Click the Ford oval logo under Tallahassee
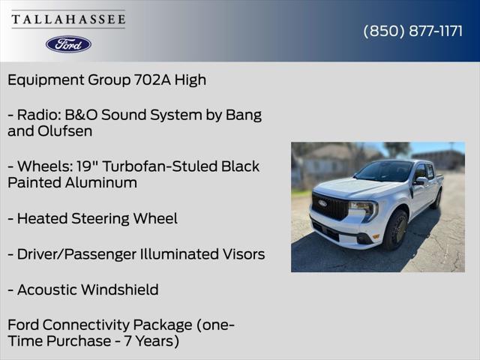coord(68,44)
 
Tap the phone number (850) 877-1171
coord(413,31)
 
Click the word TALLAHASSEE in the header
coord(68,19)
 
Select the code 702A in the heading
coord(152,80)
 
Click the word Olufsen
coord(65,131)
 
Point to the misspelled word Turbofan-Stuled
coord(160,166)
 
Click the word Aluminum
coord(100,183)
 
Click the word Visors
coord(243,254)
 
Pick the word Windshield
coord(120,289)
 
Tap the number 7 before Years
coord(127,341)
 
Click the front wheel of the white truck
coord(395,230)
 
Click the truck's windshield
coord(384,171)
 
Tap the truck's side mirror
coord(421,181)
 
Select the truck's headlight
coord(364,208)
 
